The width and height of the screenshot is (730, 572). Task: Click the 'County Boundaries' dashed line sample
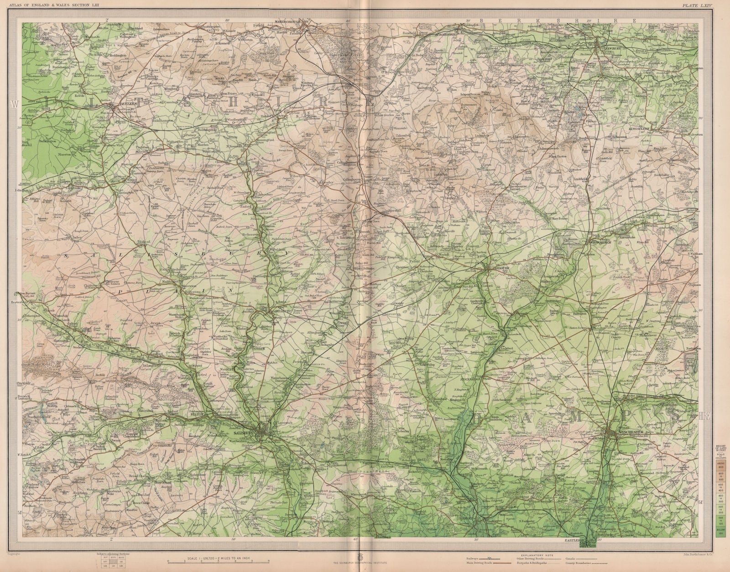(x=589, y=563)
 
